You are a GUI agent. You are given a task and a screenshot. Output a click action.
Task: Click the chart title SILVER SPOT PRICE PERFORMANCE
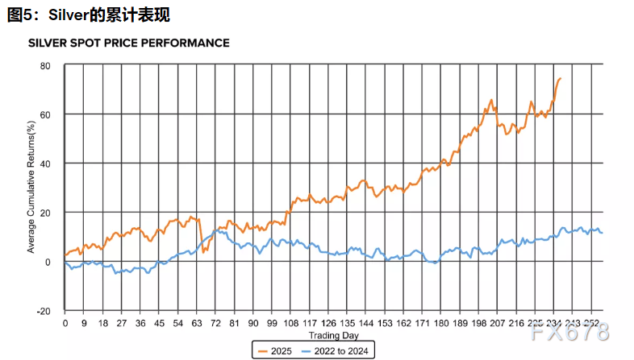click(x=128, y=43)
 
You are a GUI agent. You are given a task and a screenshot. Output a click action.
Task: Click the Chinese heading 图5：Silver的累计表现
click(x=89, y=15)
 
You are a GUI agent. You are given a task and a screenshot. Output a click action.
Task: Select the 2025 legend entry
click(x=275, y=350)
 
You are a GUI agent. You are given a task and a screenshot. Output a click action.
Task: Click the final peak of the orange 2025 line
click(x=561, y=78)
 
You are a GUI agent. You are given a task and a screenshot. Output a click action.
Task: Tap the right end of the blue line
click(x=602, y=233)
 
